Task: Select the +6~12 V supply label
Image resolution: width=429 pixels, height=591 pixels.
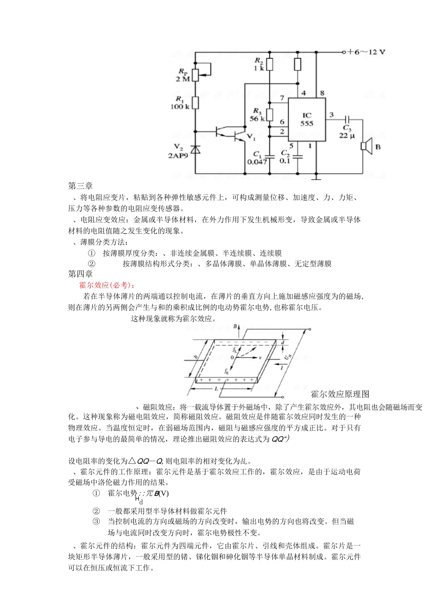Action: click(x=366, y=52)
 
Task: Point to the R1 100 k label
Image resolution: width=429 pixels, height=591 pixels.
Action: click(x=180, y=103)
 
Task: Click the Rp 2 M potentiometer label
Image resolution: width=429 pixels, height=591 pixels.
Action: click(x=183, y=75)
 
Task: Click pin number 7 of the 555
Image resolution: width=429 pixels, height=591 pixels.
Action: click(x=282, y=98)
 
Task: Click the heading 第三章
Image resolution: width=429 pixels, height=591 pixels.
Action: click(x=80, y=186)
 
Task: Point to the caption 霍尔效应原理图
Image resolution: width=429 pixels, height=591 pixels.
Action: click(x=340, y=394)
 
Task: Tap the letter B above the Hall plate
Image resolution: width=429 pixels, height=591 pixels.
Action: click(x=235, y=326)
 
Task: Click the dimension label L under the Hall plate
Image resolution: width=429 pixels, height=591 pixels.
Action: click(x=216, y=389)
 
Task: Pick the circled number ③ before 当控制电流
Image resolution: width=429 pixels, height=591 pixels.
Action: click(x=96, y=521)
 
